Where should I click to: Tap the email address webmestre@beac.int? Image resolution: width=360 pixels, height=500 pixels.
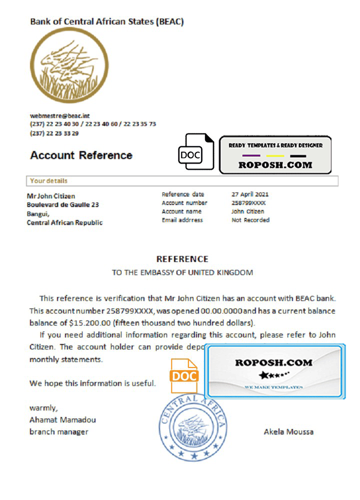tap(59, 115)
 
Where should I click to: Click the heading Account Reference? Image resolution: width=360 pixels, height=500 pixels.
tap(81, 155)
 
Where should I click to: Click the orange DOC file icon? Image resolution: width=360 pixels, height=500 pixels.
tap(184, 375)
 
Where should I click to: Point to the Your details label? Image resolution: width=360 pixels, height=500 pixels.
tap(48, 181)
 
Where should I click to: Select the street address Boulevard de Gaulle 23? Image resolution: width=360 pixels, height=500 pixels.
tap(62, 204)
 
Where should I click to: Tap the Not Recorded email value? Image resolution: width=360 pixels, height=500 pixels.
tap(250, 220)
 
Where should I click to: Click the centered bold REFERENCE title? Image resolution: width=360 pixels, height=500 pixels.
tap(182, 259)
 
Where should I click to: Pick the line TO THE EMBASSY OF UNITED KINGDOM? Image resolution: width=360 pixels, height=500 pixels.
tap(182, 272)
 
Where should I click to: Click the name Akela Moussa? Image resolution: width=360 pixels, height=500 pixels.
tap(288, 431)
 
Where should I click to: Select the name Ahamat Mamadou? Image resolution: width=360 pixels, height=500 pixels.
tap(62, 419)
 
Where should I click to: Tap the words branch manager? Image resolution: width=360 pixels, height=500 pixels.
tap(58, 431)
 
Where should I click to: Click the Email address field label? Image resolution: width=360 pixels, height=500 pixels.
tap(182, 220)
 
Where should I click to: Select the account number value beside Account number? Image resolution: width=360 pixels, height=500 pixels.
tap(248, 203)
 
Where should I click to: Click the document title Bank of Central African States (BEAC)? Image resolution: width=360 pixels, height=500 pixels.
tap(107, 21)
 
